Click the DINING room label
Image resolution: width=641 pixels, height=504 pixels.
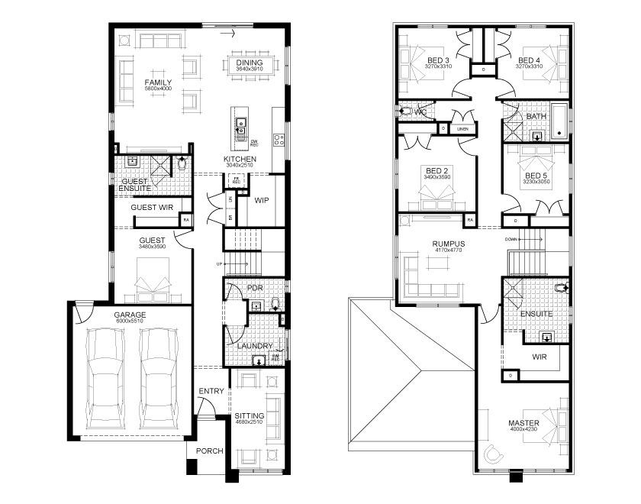[x=249, y=63]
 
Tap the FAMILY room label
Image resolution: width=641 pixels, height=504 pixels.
[x=159, y=82]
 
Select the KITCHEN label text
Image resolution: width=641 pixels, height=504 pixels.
[x=239, y=160]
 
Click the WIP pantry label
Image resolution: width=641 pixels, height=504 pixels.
[x=262, y=201]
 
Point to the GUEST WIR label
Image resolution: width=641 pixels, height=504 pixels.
[x=153, y=207]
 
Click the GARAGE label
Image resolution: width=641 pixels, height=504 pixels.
[x=130, y=315]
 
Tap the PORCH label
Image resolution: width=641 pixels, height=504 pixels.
[x=209, y=451]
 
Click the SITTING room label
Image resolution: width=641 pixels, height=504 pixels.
[x=249, y=416]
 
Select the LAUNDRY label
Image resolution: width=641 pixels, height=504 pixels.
[x=254, y=346]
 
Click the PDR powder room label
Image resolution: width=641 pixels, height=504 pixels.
[x=255, y=288]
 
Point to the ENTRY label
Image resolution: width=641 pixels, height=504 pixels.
[x=211, y=392]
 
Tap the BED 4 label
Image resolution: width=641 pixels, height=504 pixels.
[x=529, y=60]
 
